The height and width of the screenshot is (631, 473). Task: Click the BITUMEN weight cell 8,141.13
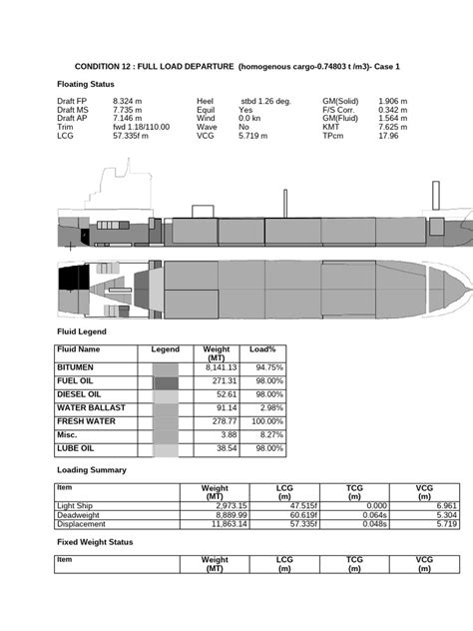pos(220,367)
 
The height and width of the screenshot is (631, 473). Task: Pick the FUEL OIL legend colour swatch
pos(166,381)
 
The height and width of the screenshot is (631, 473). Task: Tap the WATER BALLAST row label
pos(92,408)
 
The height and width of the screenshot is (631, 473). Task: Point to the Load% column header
pos(262,350)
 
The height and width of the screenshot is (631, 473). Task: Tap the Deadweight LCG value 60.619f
pos(285,515)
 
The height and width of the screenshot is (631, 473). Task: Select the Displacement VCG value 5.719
pos(419,524)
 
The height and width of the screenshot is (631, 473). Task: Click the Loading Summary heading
pos(91,469)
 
